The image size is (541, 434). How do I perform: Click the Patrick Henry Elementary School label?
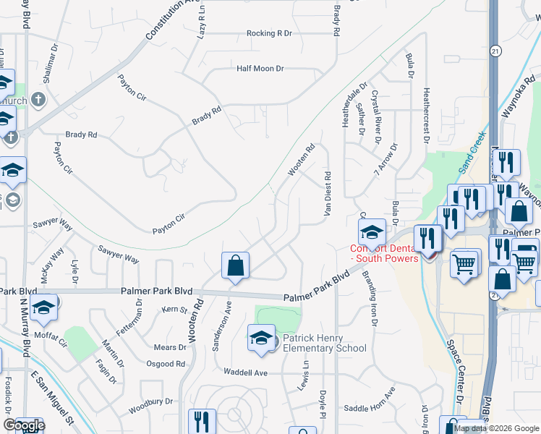pos(324,342)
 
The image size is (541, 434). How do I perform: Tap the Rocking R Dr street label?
pos(269,33)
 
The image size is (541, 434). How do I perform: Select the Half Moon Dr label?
pos(260,68)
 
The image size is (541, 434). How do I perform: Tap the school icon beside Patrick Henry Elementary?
pos(261,338)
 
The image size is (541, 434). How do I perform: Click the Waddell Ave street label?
pos(246,373)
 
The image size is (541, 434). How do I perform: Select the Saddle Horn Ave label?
pos(370,408)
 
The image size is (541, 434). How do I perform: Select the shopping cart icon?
pos(465,263)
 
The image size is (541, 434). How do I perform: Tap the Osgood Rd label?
pos(166,364)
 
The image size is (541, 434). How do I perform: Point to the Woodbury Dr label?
pos(151,406)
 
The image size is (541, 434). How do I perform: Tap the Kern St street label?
pos(174,310)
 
